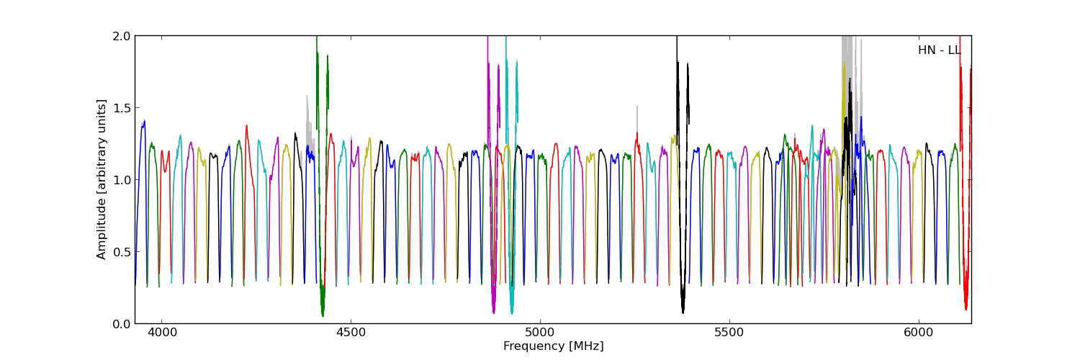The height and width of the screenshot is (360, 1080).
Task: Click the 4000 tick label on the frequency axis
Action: tap(161, 333)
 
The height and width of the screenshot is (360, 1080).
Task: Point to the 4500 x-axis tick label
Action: tap(351, 333)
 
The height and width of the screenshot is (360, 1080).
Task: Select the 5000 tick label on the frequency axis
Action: tap(540, 333)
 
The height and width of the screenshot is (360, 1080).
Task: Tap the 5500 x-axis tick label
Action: tap(729, 333)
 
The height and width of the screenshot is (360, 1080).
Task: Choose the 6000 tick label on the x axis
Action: tap(919, 333)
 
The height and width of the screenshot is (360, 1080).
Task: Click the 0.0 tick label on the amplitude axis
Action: tap(121, 324)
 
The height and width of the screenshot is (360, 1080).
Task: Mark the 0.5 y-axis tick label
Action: tap(121, 252)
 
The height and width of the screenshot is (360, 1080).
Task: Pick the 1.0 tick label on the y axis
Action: tap(121, 180)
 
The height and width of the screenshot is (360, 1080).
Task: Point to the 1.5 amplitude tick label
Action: tap(121, 108)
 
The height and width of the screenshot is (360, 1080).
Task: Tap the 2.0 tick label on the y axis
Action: tap(121, 36)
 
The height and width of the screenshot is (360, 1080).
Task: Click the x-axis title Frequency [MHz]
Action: tap(553, 346)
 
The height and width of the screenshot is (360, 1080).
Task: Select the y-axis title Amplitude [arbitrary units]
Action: tap(102, 179)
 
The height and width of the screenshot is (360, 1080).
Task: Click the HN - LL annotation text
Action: tap(939, 50)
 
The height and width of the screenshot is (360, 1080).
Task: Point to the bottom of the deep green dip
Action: tap(323, 314)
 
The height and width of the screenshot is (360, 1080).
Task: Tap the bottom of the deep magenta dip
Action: tap(493, 311)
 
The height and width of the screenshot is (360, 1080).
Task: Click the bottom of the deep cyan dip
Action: tap(512, 312)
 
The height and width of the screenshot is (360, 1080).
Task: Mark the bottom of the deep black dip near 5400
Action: tap(683, 311)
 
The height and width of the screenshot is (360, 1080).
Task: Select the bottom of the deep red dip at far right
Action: tap(966, 308)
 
